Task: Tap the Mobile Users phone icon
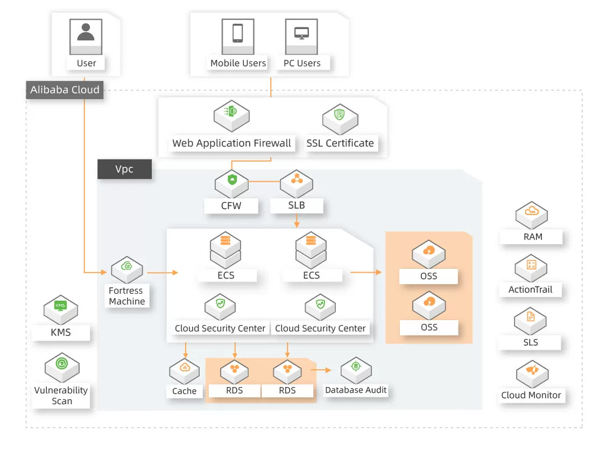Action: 237,33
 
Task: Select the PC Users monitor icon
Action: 301,33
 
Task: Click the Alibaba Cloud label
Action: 65,89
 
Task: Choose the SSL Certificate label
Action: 340,143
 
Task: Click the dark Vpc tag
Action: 124,169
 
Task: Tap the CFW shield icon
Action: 232,180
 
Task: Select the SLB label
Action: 295,205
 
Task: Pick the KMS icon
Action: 60,307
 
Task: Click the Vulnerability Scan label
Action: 61,396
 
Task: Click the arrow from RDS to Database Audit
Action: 322,370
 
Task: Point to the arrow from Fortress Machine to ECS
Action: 162,273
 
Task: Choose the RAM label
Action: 531,237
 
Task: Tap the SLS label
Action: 531,342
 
